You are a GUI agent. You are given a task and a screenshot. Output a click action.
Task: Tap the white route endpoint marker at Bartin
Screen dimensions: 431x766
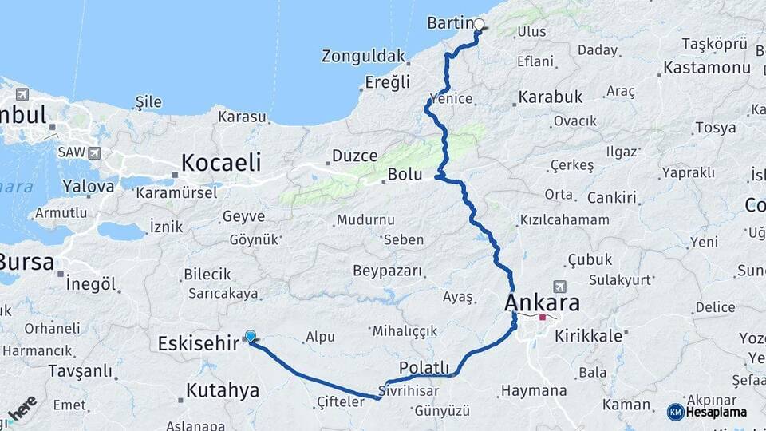479,24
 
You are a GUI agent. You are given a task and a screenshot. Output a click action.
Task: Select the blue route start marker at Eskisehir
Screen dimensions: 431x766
251,337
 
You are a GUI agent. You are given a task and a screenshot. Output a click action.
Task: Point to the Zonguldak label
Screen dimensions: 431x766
364,56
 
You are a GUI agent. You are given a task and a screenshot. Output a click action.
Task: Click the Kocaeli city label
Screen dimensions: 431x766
221,163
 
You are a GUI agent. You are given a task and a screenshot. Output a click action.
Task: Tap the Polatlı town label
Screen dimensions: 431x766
424,368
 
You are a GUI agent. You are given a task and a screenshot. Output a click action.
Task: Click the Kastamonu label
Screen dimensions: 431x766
707,67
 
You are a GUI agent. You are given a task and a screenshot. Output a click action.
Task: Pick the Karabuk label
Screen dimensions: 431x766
550,97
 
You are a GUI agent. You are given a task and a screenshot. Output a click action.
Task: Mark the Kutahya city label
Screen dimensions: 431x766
223,390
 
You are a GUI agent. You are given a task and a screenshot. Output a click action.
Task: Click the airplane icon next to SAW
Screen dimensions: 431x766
95,152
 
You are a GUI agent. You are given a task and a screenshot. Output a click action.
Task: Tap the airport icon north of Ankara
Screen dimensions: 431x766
559,286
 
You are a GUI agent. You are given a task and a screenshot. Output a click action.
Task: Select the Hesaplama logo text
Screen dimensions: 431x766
718,412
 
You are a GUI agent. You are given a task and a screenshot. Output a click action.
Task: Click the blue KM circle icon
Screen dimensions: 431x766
676,412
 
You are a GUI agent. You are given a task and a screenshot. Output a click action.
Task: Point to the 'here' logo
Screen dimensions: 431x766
22,408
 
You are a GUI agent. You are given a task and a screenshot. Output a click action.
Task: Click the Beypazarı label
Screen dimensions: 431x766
387,271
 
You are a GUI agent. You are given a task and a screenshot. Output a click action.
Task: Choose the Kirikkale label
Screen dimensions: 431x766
590,336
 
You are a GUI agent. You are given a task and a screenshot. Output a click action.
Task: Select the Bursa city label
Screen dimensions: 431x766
26,262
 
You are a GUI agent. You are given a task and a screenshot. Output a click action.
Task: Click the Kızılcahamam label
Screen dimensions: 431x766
564,219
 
